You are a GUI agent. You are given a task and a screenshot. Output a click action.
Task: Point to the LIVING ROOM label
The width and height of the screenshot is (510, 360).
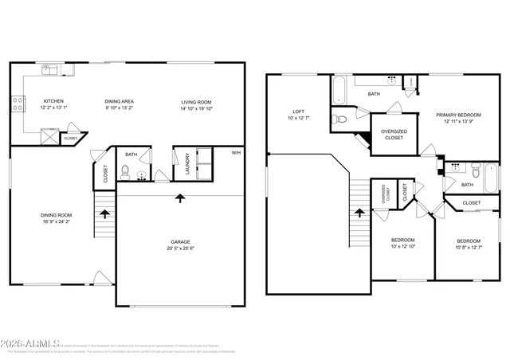[x=195, y=101]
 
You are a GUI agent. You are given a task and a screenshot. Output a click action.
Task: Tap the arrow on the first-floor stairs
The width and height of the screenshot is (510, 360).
[x=103, y=213]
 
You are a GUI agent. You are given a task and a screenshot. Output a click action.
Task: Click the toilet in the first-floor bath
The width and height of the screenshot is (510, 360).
[x=124, y=170]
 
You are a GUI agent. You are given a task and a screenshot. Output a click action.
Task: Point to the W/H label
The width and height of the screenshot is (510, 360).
[x=236, y=153]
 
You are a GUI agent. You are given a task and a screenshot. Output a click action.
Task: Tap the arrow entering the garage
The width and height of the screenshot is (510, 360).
[x=180, y=198]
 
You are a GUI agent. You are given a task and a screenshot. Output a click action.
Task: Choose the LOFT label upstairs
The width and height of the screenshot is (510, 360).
[x=299, y=112]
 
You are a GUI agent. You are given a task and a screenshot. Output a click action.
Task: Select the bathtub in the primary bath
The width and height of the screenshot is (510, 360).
[x=338, y=89]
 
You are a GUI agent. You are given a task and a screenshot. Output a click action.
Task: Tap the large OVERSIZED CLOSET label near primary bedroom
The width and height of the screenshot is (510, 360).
[x=394, y=134]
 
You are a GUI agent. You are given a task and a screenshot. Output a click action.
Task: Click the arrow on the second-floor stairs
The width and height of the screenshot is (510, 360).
[x=359, y=212]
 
